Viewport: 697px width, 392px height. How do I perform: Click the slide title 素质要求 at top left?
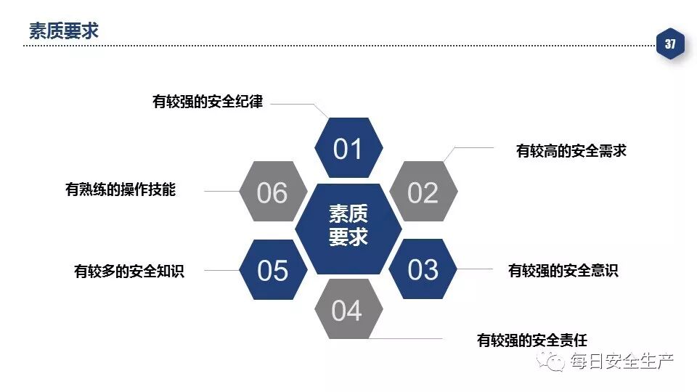tap(63, 30)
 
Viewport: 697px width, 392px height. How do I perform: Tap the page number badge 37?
tap(669, 45)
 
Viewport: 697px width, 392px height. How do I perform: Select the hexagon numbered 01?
tap(348, 148)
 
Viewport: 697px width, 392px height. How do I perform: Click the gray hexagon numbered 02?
tap(423, 192)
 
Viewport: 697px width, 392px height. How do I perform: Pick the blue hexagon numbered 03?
tap(423, 269)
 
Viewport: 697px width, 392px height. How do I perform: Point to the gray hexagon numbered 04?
tap(347, 310)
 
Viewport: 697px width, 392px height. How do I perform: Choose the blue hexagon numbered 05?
tap(272, 269)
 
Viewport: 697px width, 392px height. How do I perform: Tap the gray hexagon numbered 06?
tap(272, 192)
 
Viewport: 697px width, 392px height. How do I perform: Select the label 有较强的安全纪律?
tap(207, 102)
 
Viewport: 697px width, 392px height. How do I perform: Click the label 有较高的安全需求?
tap(571, 151)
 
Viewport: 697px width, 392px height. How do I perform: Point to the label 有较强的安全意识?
tap(563, 271)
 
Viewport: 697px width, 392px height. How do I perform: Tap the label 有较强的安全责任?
tap(531, 340)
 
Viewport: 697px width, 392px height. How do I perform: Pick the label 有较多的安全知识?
tap(129, 271)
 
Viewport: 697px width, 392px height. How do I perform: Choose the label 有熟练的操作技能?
tap(121, 190)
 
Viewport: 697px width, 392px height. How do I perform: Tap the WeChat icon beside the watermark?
tap(556, 361)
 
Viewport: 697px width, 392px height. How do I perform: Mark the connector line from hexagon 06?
tap(221, 192)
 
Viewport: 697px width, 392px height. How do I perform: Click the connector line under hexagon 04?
tap(410, 339)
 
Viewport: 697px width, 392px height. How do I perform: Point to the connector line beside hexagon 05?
tap(221, 270)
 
